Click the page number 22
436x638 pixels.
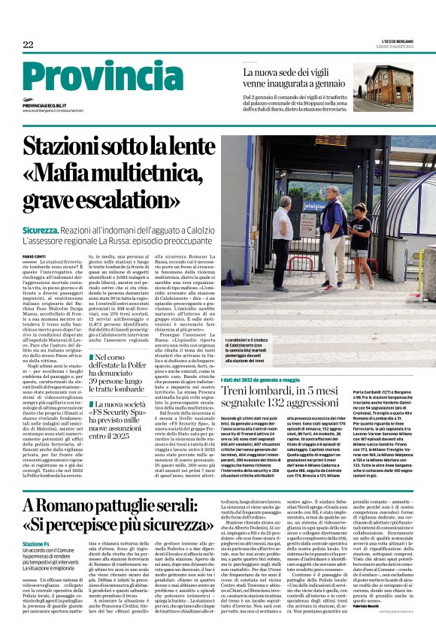click(28, 45)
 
